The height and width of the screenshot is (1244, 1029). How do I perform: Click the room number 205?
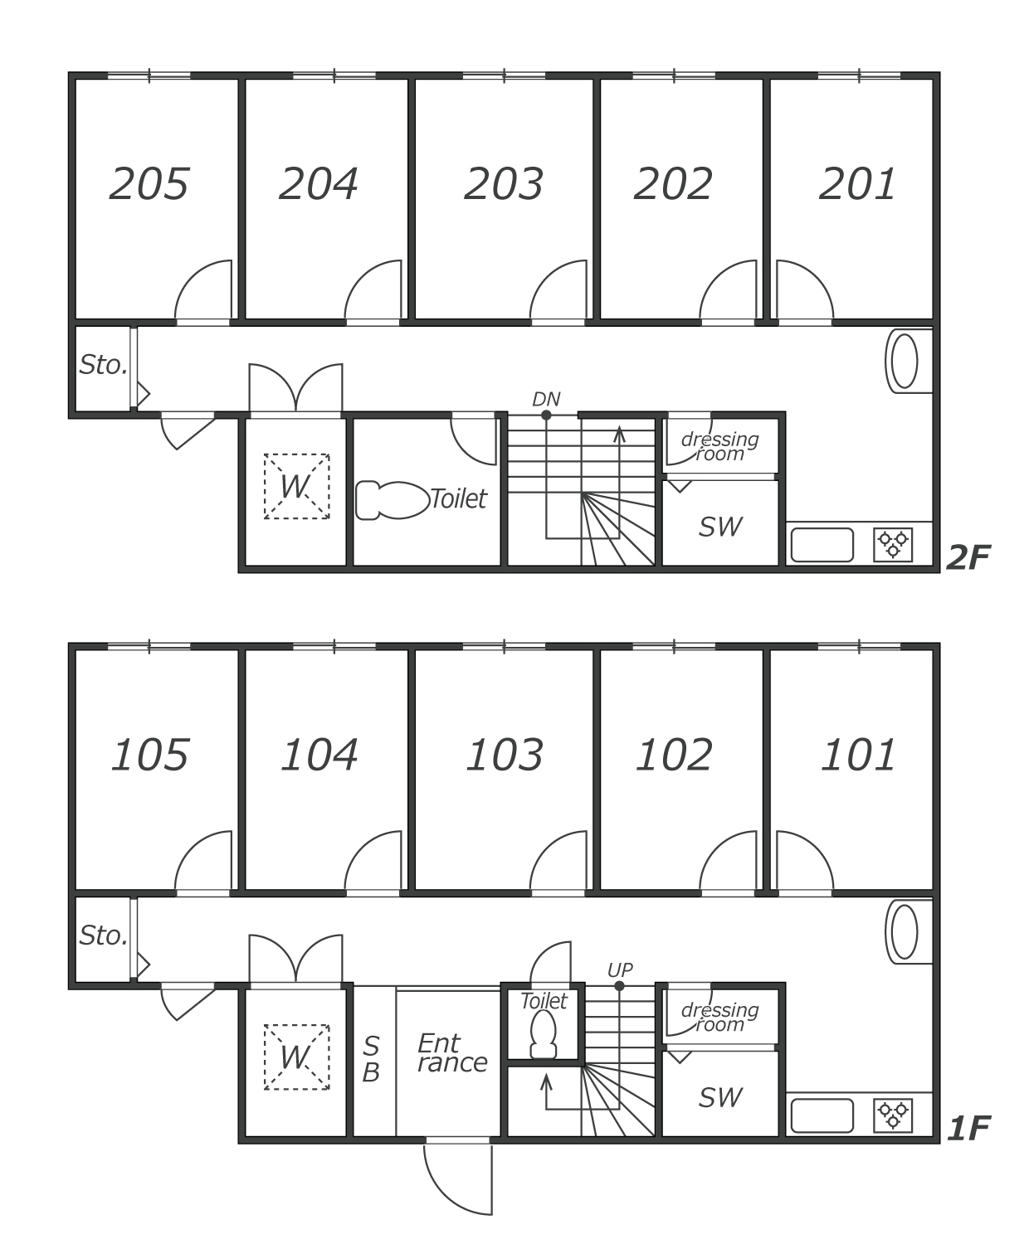149,183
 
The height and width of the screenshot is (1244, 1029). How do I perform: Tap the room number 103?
505,755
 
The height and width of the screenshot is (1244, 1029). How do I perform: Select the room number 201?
858,183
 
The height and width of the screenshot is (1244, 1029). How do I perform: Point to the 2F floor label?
968,557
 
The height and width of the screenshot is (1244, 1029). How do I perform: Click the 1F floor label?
968,1128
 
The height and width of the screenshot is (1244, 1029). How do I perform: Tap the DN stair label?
546,399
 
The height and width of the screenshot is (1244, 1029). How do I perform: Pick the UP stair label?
620,970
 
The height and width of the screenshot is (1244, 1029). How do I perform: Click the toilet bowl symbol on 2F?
393,500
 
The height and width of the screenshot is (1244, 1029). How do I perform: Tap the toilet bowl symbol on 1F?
543,1036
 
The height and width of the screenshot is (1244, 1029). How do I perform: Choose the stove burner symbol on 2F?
892,545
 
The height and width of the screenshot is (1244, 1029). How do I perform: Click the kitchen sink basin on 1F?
822,1116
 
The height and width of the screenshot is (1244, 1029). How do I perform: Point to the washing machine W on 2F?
296,487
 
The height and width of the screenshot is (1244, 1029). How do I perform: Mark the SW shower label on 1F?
720,1097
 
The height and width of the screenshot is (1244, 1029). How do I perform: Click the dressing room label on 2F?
720,446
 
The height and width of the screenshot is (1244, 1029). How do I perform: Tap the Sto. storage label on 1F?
103,935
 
